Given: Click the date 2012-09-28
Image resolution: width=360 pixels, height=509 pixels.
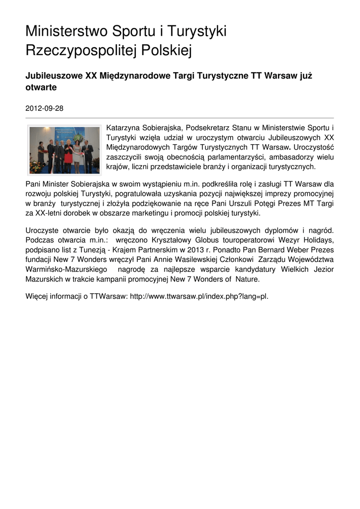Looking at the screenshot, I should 44,108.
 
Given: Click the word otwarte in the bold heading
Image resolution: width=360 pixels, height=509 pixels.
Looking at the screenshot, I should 41,87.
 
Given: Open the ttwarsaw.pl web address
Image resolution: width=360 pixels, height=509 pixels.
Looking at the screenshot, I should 199,297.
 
